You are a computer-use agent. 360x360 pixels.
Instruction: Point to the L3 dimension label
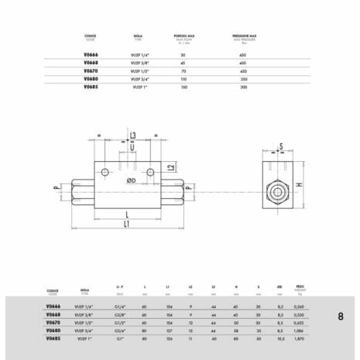[x=133, y=135]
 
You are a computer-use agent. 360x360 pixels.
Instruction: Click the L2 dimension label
[x=170, y=166]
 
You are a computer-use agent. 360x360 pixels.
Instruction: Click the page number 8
[x=341, y=316]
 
